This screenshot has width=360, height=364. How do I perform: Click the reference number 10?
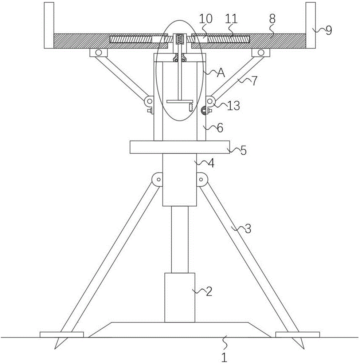206,19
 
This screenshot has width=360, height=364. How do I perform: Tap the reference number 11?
231,19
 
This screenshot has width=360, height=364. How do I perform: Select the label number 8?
272,19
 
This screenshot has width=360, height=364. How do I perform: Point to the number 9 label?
329,30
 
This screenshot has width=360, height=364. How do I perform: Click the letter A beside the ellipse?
221,73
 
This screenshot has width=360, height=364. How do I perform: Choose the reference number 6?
220,128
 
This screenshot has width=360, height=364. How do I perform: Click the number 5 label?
243,151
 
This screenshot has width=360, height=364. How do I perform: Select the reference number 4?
211,163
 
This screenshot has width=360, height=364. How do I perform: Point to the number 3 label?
248,229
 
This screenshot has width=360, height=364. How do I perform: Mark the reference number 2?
209,292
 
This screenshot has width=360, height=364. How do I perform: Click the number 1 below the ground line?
224,357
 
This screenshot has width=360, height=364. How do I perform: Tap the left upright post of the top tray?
49,25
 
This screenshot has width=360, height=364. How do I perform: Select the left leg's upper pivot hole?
159,179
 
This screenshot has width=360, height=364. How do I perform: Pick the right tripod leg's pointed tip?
304,349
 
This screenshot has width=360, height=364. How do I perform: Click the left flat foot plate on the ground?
62,335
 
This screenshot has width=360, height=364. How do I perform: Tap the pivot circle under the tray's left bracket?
98,52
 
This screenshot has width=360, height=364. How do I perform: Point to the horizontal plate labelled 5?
180,147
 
